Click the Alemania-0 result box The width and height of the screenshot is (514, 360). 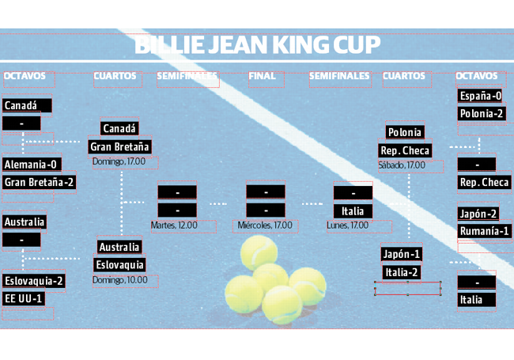tap(32, 165)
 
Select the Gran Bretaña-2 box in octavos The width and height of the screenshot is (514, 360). tap(39, 182)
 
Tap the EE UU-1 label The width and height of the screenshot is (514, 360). tap(24, 299)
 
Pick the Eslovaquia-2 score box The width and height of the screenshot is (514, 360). tap(34, 281)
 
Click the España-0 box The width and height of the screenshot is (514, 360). tap(480, 96)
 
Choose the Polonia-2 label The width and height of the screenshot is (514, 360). tap(482, 114)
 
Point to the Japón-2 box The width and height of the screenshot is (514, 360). tap(478, 214)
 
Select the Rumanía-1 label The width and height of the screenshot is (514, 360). tap(484, 232)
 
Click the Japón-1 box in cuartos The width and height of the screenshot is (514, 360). tap(402, 254)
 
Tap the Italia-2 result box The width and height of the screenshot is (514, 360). tap(402, 272)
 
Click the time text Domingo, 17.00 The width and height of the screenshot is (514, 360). tap(119, 161)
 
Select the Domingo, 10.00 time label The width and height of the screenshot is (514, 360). tap(120, 280)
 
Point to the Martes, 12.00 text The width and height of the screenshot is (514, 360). tap(174, 225)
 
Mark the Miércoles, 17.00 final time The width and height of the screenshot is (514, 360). tap(265, 225)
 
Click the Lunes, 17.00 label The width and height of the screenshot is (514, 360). tap(347, 225)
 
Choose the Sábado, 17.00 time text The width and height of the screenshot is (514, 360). tap(402, 165)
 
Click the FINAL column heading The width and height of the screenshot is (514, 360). tap(262, 76)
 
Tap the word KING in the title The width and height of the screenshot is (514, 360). tap(300, 45)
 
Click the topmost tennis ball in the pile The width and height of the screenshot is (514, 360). tap(259, 252)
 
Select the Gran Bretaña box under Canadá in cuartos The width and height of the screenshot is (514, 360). tap(119, 147)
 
